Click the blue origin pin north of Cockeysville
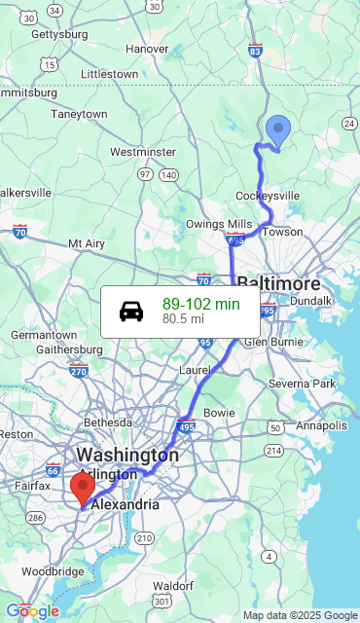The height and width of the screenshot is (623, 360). click(278, 130)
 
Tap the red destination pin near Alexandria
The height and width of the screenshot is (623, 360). click(83, 486)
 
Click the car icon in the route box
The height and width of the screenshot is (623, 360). click(131, 311)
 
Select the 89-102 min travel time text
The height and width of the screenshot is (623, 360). click(200, 304)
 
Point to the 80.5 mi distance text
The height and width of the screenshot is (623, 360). click(183, 318)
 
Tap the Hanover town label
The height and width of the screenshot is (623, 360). click(147, 49)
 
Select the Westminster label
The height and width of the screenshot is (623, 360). click(142, 152)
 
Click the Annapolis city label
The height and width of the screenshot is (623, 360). click(320, 425)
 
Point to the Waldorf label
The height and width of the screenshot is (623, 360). click(173, 586)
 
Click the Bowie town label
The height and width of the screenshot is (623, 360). click(219, 413)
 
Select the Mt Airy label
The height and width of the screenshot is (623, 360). click(87, 243)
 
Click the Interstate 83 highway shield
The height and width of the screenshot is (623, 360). click(255, 51)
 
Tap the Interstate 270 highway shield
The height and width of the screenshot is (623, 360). click(79, 370)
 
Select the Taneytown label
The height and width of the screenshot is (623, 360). click(79, 114)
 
